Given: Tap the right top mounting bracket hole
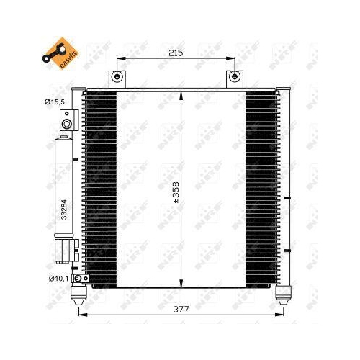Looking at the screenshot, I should tap(234, 77).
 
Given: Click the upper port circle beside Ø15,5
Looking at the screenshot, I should tap(67, 124).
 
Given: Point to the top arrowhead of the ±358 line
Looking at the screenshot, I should tap(182, 94).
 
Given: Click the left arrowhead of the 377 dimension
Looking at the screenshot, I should tap(77, 315).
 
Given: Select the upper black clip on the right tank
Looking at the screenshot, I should tap(288, 197).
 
